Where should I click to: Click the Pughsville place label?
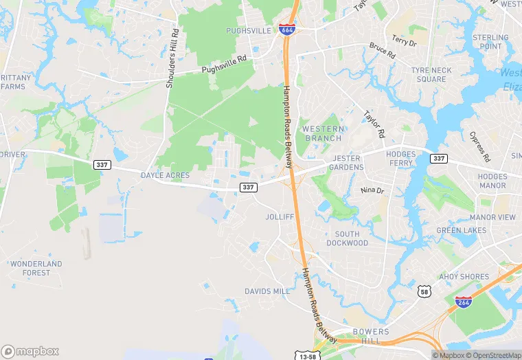pos(248,32)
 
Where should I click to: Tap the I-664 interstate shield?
pos(287,29)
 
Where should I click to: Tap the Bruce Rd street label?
pos(382,50)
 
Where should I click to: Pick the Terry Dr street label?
pos(404,41)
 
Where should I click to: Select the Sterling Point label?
pos(490,42)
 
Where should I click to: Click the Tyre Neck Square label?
pos(431,75)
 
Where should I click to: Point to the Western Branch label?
pos(323,133)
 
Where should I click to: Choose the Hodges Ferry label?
pos(400,159)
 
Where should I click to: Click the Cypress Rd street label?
pos(480,146)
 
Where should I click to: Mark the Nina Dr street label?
pos(372,190)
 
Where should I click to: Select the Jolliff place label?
pos(280,217)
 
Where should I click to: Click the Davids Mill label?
pos(266,291)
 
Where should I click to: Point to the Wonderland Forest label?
pos(36,268)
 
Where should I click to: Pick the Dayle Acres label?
pos(165,176)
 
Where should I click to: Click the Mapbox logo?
pos(31,351)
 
